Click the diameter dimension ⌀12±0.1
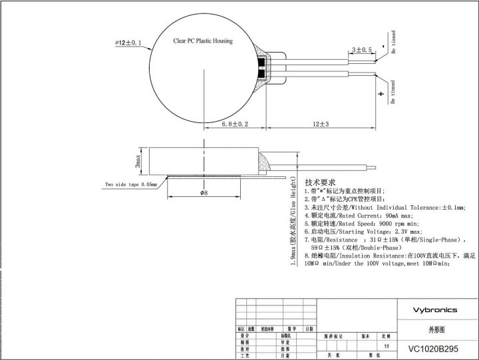point(128,43)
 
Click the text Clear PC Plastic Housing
point(203,41)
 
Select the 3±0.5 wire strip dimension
point(361,49)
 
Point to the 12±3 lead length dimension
point(321,124)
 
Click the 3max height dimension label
point(137,160)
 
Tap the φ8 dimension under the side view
point(204,193)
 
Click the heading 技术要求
point(319,182)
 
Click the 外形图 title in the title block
point(436,329)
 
